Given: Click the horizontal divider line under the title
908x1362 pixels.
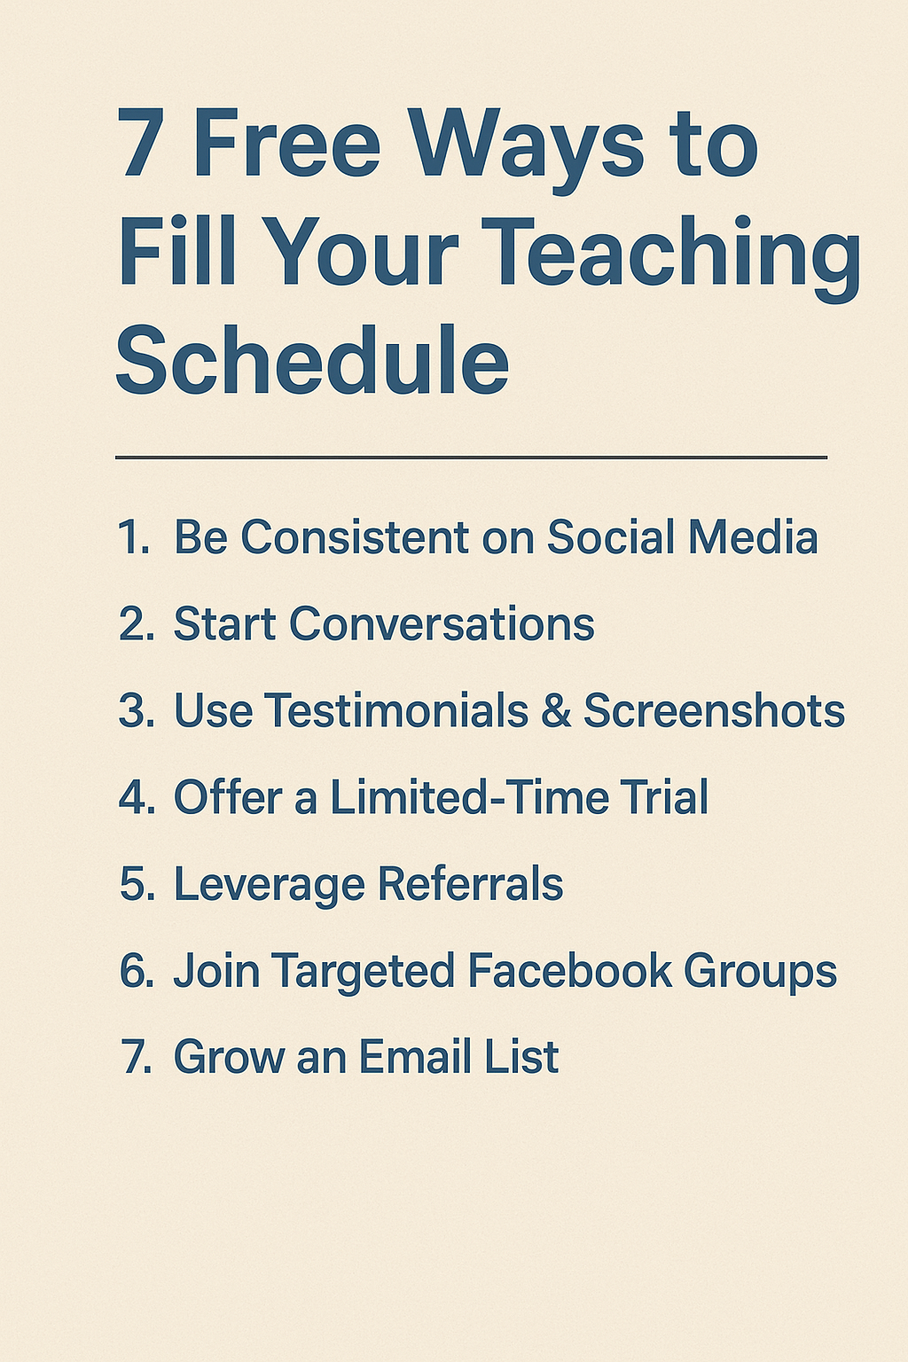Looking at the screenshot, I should coord(471,458).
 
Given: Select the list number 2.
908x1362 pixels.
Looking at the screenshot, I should coord(137,624).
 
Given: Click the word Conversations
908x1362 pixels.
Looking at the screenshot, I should coord(441,624).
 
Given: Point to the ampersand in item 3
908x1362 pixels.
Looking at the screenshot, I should coord(556,711).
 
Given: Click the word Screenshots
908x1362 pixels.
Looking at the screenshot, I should coord(714,711).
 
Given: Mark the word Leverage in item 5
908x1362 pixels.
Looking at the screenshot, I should coord(269,885).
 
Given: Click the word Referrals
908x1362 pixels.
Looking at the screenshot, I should coord(470,884).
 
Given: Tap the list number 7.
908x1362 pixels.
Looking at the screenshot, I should coord(137,1057).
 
